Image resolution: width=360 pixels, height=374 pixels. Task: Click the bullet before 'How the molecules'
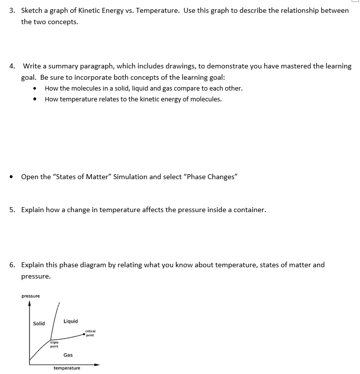pos(34,89)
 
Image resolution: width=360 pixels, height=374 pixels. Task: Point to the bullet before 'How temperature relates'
pos(34,99)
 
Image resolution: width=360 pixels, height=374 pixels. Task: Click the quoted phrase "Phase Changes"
pos(210,177)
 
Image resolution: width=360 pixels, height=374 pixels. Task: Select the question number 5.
pos(12,210)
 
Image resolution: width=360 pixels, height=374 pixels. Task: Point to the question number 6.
pos(12,265)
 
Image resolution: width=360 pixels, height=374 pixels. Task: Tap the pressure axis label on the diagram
pos(30,296)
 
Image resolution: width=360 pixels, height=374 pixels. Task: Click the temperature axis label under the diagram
pos(67,368)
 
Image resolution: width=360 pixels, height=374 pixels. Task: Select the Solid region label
pos(39,323)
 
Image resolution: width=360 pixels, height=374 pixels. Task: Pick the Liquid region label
pos(70,321)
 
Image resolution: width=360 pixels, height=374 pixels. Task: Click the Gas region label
pos(68,355)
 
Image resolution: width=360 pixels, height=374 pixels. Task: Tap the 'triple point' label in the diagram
pos(55,343)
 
